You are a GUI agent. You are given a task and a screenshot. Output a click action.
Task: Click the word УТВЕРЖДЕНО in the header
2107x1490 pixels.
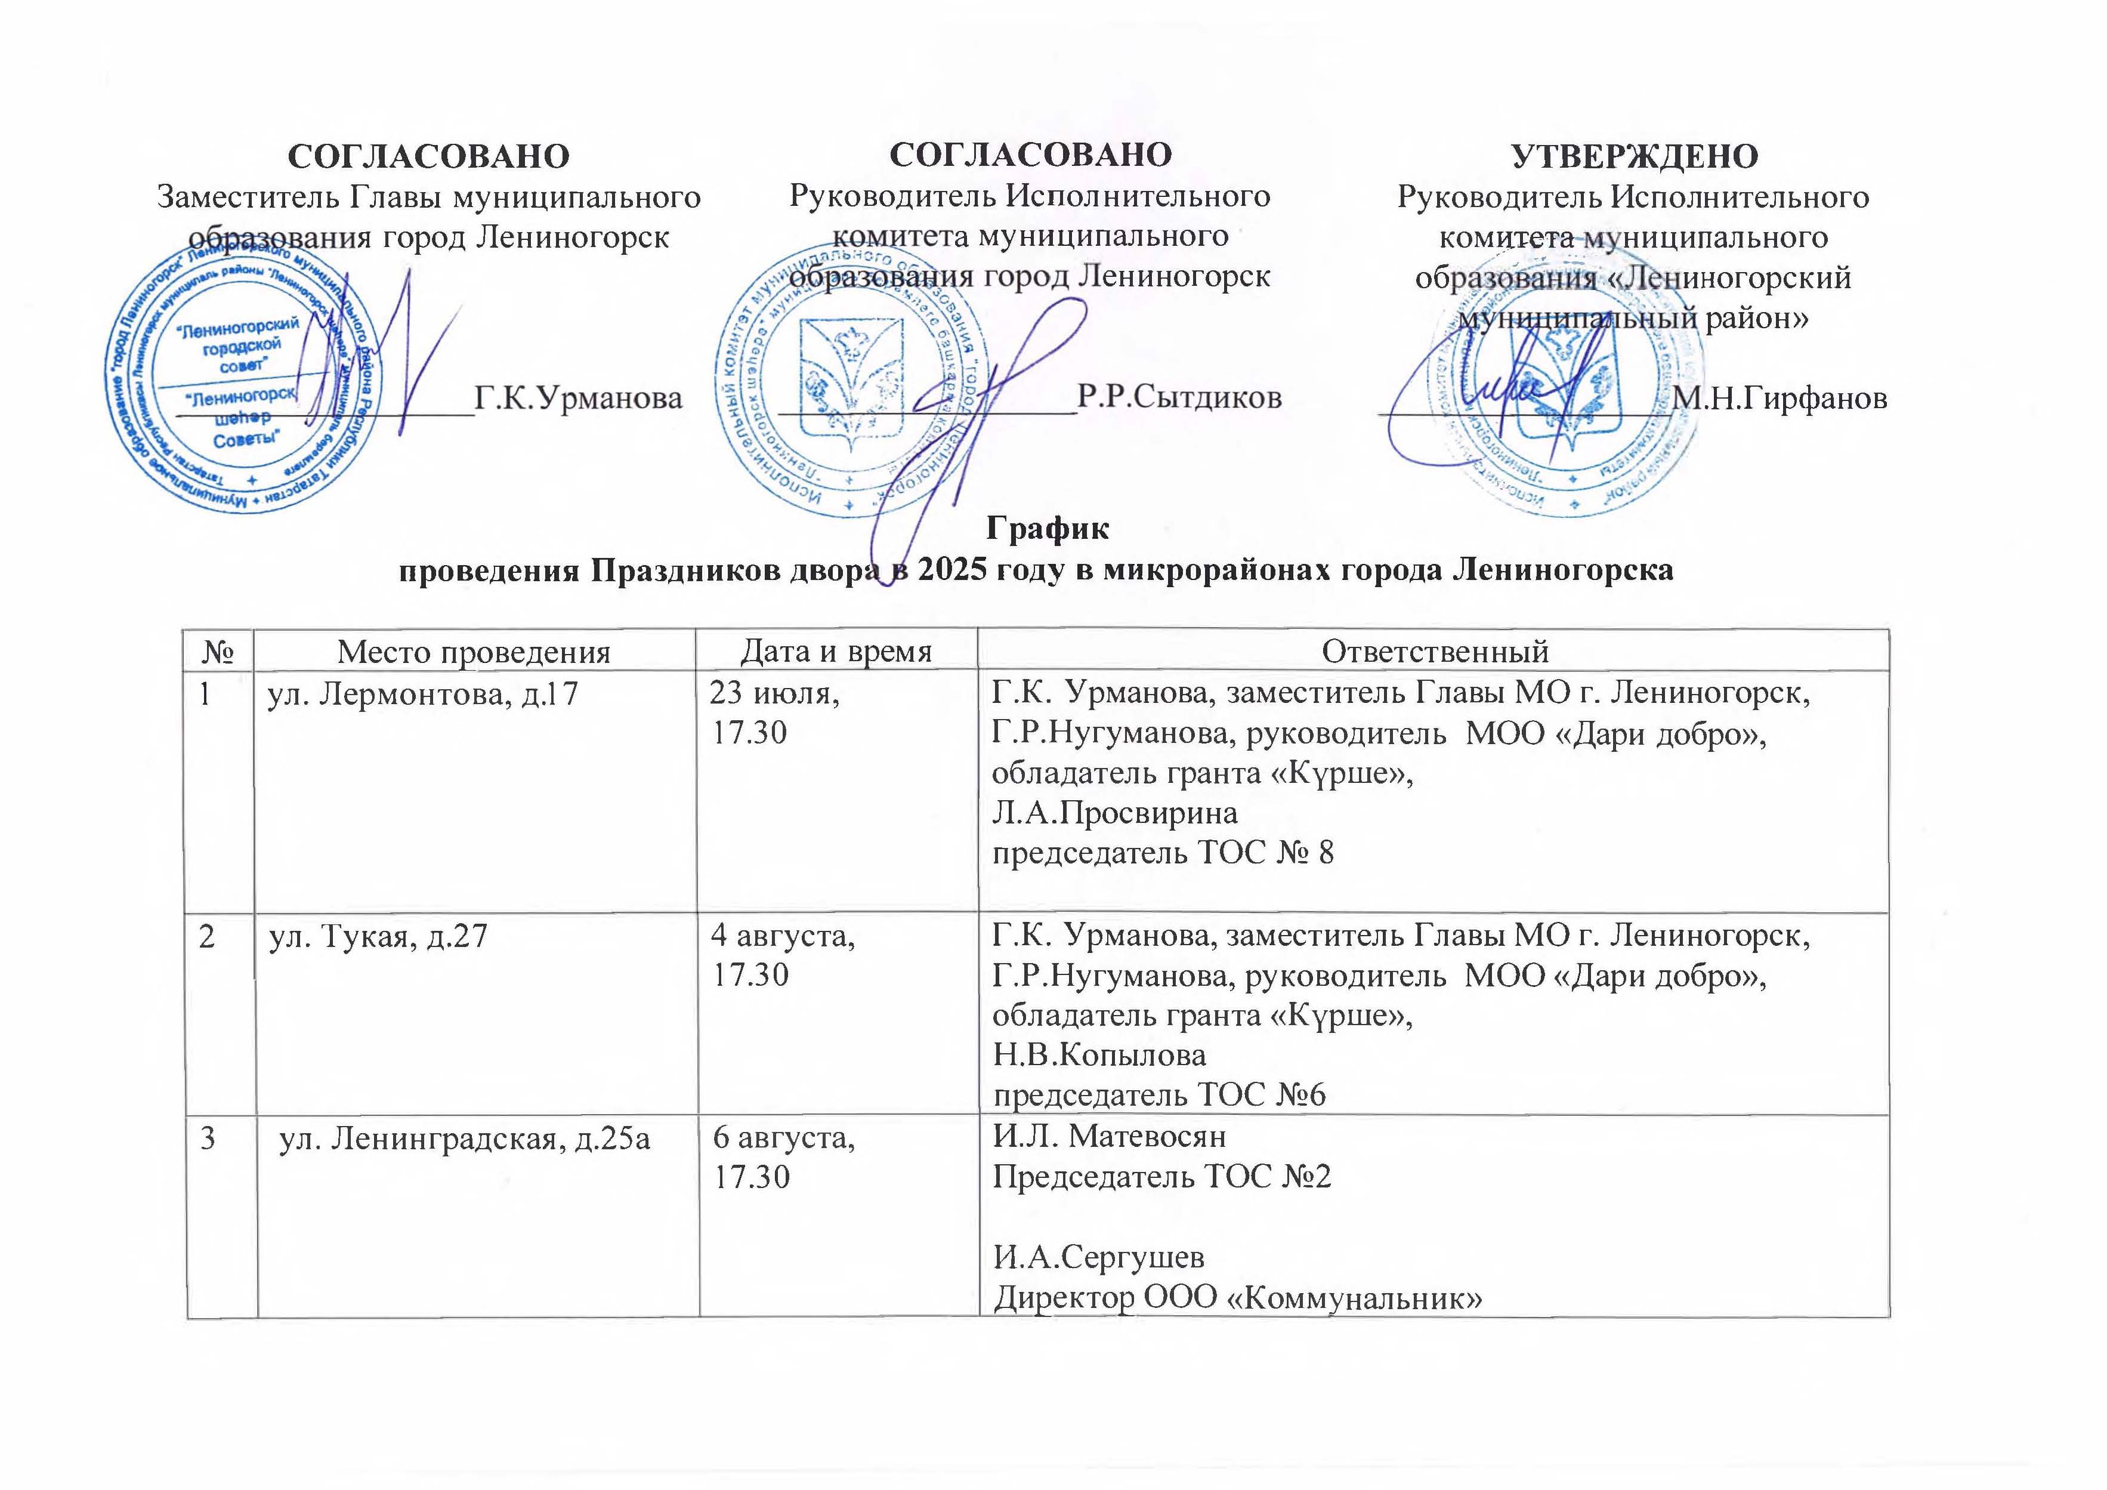pyautogui.click(x=1635, y=156)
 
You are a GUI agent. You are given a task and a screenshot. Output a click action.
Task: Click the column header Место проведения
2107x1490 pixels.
pyautogui.click(x=474, y=652)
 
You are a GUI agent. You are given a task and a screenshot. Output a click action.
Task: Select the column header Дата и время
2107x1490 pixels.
pyautogui.click(x=836, y=651)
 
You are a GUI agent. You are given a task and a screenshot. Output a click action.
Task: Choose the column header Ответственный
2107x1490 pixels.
pyautogui.click(x=1434, y=652)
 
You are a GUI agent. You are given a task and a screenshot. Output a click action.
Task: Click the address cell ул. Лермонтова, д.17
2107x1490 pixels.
pyautogui.click(x=423, y=693)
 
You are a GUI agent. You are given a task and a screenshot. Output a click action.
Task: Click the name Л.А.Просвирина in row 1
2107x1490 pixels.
pyautogui.click(x=1115, y=813)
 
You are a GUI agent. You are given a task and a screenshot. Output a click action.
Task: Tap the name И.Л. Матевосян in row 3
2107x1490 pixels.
pyautogui.click(x=1110, y=1137)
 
